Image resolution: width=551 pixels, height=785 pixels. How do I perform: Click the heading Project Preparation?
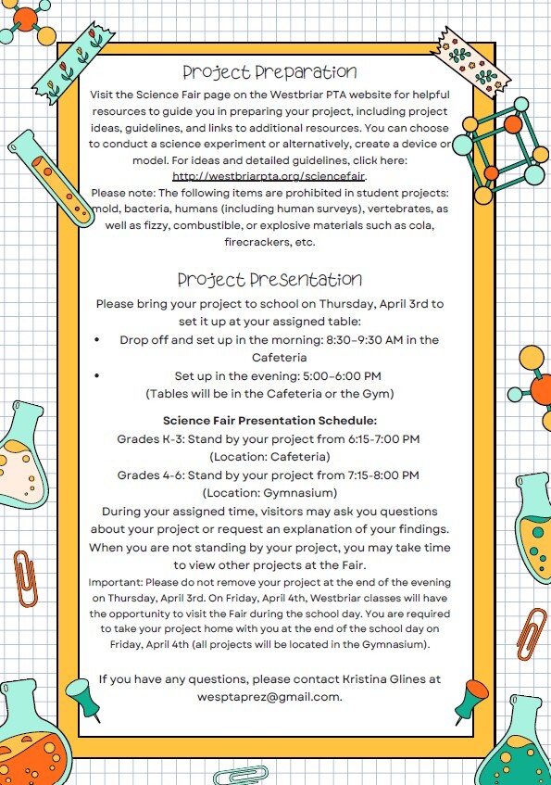coord(269,71)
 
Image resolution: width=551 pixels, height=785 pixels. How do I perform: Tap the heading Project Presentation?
coord(269,279)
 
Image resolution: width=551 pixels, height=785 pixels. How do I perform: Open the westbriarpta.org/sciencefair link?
coord(269,175)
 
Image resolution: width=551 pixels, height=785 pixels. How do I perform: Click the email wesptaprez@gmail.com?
coord(269,696)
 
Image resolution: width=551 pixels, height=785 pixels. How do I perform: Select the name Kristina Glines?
coord(382,678)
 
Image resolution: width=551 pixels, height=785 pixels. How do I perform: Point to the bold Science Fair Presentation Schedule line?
coord(269,420)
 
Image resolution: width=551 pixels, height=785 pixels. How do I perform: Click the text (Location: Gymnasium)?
coord(269,492)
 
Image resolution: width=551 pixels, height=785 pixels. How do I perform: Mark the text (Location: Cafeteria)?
coord(269,456)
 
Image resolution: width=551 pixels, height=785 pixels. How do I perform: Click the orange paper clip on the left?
coord(25,576)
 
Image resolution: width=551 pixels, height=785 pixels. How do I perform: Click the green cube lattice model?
coord(505,153)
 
